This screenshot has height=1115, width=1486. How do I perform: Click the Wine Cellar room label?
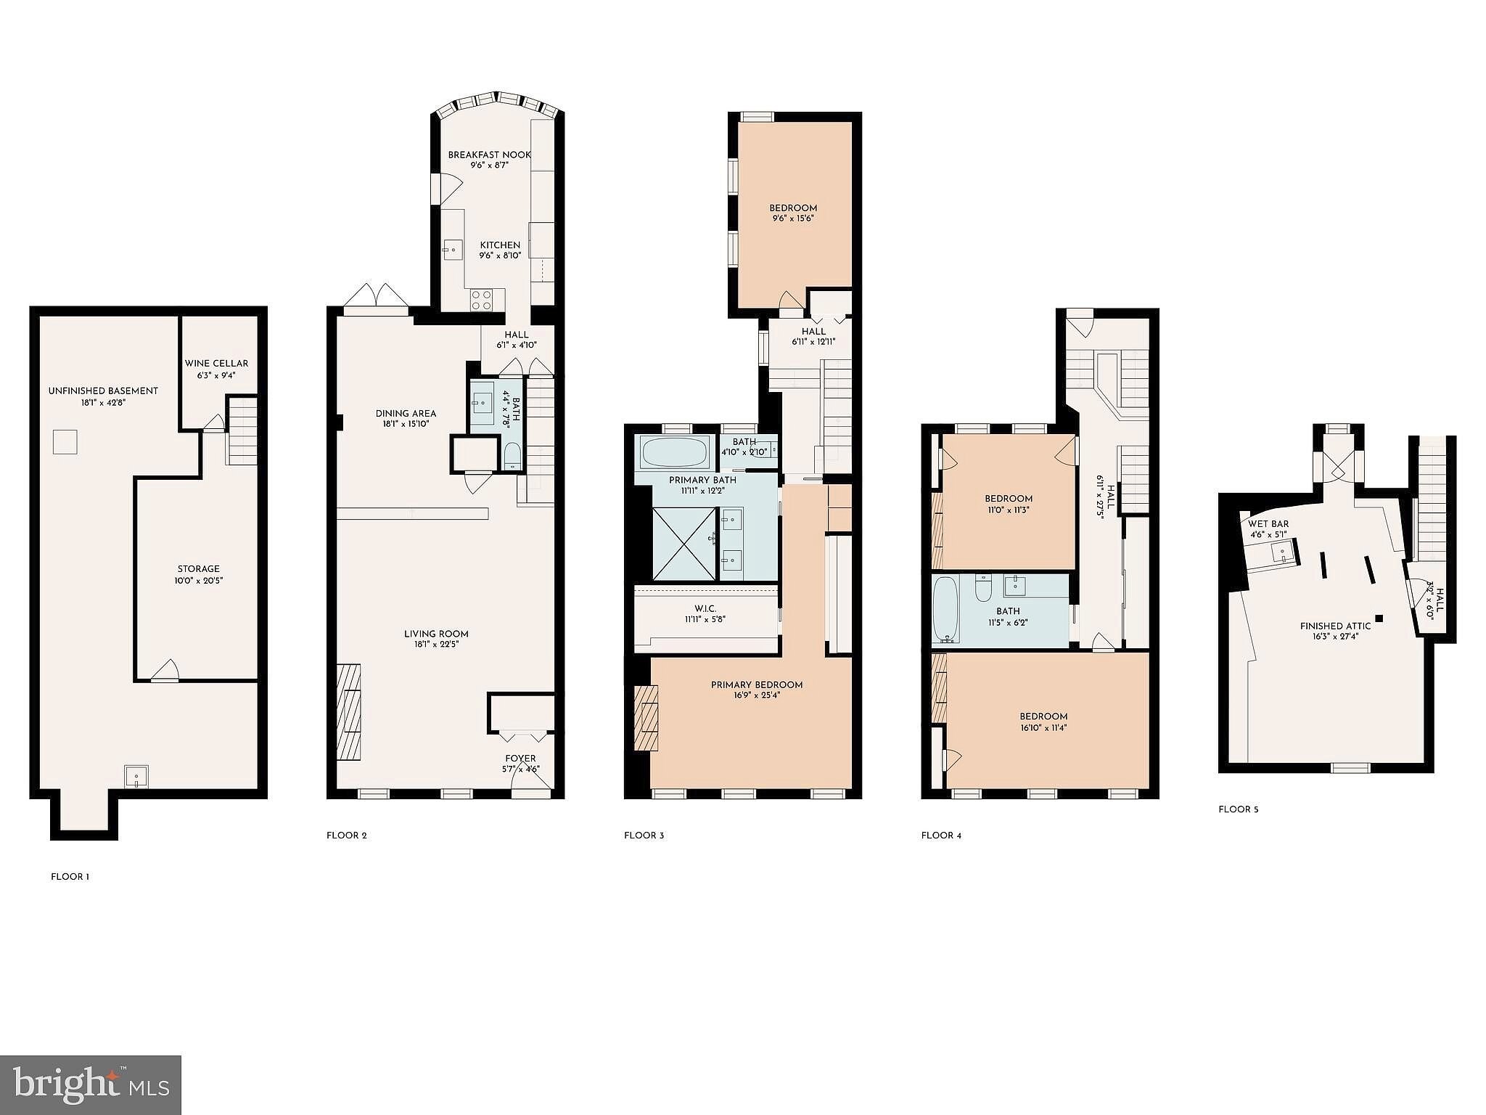click(216, 364)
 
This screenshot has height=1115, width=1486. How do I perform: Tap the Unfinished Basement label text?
click(103, 391)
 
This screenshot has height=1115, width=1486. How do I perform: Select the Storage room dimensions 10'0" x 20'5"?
click(199, 581)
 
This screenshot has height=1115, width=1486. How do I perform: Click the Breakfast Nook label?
click(490, 155)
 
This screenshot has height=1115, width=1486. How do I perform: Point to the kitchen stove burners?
click(482, 300)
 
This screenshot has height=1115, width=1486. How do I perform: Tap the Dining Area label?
click(406, 414)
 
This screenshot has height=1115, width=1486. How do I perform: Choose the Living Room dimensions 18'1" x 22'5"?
click(436, 645)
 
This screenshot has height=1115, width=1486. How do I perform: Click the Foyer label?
click(521, 759)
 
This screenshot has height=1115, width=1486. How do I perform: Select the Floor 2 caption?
click(347, 836)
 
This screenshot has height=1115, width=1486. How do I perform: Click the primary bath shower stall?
click(684, 544)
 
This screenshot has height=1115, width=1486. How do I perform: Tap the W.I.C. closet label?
click(705, 608)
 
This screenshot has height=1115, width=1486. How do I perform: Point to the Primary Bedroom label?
click(757, 685)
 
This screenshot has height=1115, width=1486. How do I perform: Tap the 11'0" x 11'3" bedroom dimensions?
click(1009, 510)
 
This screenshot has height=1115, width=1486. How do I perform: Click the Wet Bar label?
click(1268, 524)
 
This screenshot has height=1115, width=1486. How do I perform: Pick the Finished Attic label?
click(1336, 626)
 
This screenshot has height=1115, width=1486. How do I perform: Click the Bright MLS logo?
click(91, 1085)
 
